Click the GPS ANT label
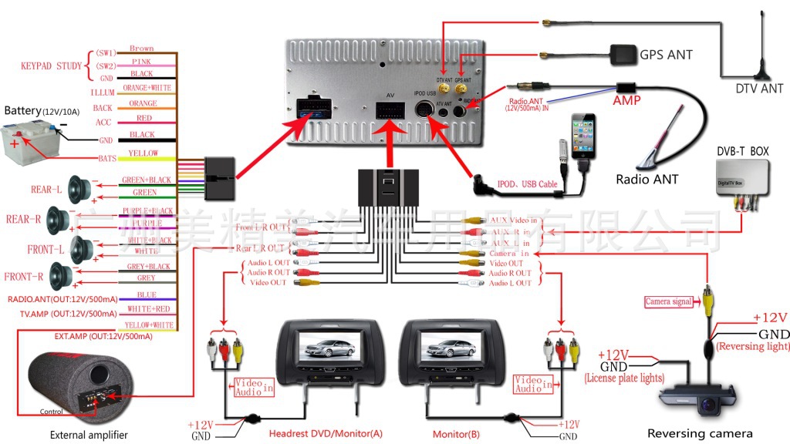coord(666,55)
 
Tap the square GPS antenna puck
coord(620,54)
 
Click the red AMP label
coord(626,100)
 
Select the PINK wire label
coord(141,62)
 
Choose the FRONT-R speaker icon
coord(59,275)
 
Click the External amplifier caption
coord(89,436)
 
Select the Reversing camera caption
coord(700,433)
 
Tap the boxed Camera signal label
coord(668,302)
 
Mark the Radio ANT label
coord(647,180)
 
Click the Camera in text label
coord(509,254)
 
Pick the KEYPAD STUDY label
coord(51,66)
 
